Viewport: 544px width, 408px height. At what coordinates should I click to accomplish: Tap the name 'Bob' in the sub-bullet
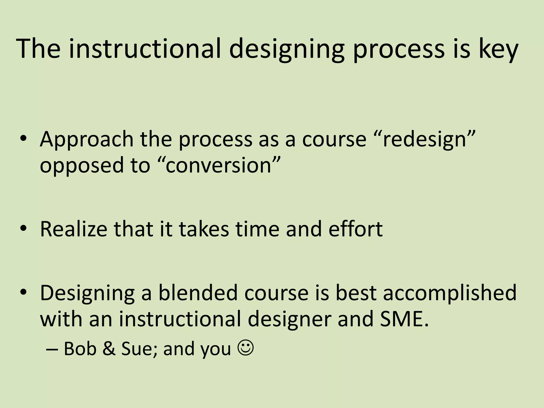[x=80, y=348]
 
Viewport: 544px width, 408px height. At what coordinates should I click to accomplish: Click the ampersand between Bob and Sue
[x=109, y=348]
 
